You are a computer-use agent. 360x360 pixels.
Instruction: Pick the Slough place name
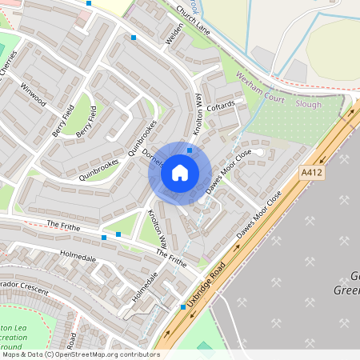(308, 104)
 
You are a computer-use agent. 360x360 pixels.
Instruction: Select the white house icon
(180, 172)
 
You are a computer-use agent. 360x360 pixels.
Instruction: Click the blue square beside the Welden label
(134, 38)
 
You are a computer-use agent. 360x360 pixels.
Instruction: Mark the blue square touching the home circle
(190, 150)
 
